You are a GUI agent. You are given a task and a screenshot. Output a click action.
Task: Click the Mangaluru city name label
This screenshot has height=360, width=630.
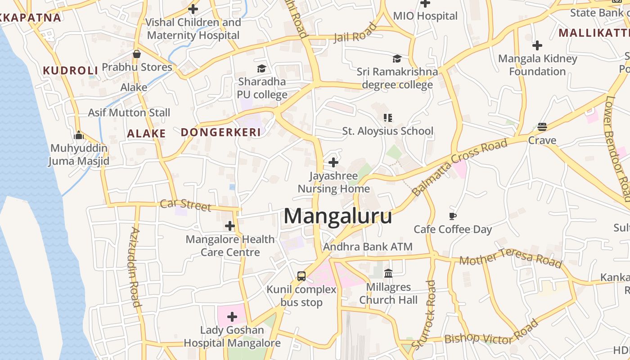337,216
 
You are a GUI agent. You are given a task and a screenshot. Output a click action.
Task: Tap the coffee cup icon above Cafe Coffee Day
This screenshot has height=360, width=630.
453,216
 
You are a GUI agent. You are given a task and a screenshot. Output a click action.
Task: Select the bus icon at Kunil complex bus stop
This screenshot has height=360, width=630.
301,276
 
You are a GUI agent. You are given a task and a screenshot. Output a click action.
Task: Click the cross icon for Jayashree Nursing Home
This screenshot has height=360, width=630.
333,162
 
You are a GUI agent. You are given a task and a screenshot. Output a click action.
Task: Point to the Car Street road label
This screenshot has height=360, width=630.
185,205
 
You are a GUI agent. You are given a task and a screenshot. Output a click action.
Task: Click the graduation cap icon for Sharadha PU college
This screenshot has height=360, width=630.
261,68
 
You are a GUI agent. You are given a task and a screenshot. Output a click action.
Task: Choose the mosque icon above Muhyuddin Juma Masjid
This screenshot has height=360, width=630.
79,135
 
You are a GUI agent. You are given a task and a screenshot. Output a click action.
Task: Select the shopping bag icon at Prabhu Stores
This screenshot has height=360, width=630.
137,54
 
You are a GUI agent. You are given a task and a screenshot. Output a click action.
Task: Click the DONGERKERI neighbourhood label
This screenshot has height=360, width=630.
221,132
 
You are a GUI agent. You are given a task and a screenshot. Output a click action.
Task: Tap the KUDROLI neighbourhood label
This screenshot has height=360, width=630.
70,70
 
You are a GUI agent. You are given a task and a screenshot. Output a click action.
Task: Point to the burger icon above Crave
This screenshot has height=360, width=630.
542,127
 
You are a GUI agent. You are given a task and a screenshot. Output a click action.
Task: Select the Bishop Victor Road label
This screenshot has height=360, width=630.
491,333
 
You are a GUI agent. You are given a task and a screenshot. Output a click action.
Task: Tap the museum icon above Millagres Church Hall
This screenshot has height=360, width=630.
388,273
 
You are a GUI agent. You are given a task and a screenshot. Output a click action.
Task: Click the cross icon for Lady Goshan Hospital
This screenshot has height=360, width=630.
232,317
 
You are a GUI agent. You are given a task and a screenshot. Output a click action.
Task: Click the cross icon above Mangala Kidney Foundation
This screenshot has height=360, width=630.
537,45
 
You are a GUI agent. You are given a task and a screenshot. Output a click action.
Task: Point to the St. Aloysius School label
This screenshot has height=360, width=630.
388,131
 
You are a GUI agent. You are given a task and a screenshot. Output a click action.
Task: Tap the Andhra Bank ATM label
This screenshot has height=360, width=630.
368,247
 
